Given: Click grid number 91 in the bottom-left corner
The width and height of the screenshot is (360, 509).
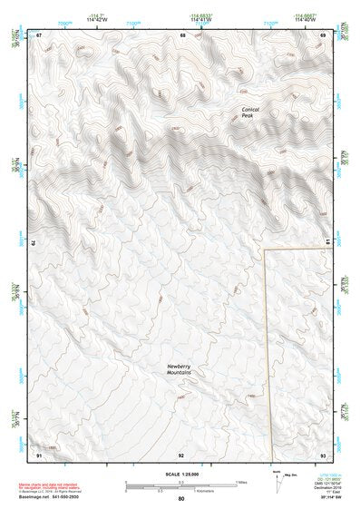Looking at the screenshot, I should point(40,454).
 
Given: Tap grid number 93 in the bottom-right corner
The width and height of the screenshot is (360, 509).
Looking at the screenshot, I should point(323,454).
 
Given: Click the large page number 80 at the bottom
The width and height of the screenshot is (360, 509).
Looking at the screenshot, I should point(181,498).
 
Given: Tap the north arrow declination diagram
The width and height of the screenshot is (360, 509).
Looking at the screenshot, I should point(276,478).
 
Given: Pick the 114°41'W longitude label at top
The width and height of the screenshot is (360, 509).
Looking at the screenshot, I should point(199,18).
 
